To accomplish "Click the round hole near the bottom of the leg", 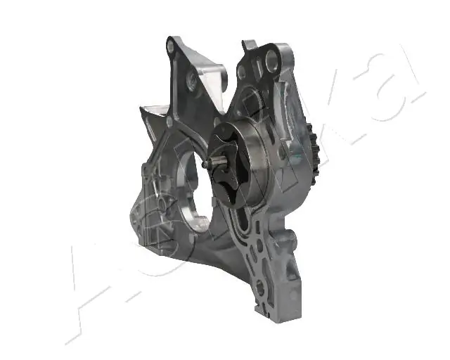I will tap(262, 288).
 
